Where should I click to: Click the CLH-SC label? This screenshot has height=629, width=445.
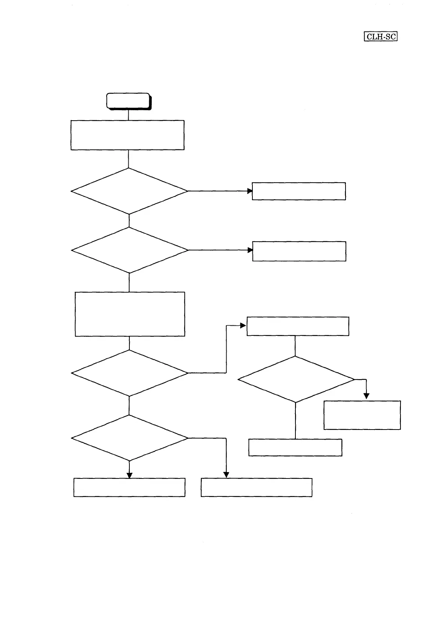coord(380,37)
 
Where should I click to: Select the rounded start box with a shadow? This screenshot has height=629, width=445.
coord(128,101)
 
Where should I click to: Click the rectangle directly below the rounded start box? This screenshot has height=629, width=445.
coord(128,135)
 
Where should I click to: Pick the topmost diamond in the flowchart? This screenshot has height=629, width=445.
coord(129,191)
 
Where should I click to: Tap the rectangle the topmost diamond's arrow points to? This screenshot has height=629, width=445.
coord(299,191)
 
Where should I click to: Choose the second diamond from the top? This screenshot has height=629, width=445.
coord(129,250)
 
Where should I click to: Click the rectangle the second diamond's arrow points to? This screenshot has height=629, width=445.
coord(299,251)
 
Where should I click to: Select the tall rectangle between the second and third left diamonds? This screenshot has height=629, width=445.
coord(130,314)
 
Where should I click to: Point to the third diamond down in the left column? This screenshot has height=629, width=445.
coord(129,373)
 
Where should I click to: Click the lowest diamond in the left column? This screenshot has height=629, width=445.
coord(129,438)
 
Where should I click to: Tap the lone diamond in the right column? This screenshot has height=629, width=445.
coord(296,379)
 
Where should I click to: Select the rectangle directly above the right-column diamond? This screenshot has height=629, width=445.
coord(298,326)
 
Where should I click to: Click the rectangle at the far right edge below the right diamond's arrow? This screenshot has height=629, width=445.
coord(362,415)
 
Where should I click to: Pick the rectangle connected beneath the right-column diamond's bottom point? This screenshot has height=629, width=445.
coord(295,447)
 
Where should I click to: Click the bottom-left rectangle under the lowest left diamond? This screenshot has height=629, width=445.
coord(129,487)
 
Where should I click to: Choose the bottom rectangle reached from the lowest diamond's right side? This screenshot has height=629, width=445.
coord(257,487)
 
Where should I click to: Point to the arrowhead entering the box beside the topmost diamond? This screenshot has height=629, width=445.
coord(250,191)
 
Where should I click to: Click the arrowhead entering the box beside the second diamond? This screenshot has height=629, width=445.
coord(250,250)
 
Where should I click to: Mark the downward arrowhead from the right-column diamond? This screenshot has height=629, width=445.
coord(366,396)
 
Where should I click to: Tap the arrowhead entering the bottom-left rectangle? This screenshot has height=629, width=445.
coord(129,475)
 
